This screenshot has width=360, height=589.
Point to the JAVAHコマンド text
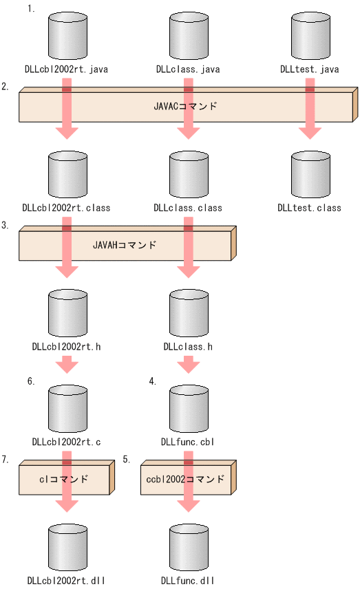click(125, 245)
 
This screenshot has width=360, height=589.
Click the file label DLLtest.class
click(309, 208)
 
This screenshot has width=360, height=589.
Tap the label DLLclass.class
click(188, 208)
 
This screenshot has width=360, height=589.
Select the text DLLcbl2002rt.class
click(66, 208)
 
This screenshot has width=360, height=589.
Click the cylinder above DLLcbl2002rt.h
click(67, 313)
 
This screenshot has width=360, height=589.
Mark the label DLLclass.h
click(188, 346)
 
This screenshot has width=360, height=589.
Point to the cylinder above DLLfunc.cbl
click(188, 409)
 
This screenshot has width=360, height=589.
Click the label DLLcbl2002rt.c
click(66, 441)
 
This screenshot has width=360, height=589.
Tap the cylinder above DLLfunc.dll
click(188, 548)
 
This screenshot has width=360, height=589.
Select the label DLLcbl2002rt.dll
click(66, 581)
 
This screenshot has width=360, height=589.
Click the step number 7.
click(6, 459)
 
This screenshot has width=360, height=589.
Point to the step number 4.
click(153, 381)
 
